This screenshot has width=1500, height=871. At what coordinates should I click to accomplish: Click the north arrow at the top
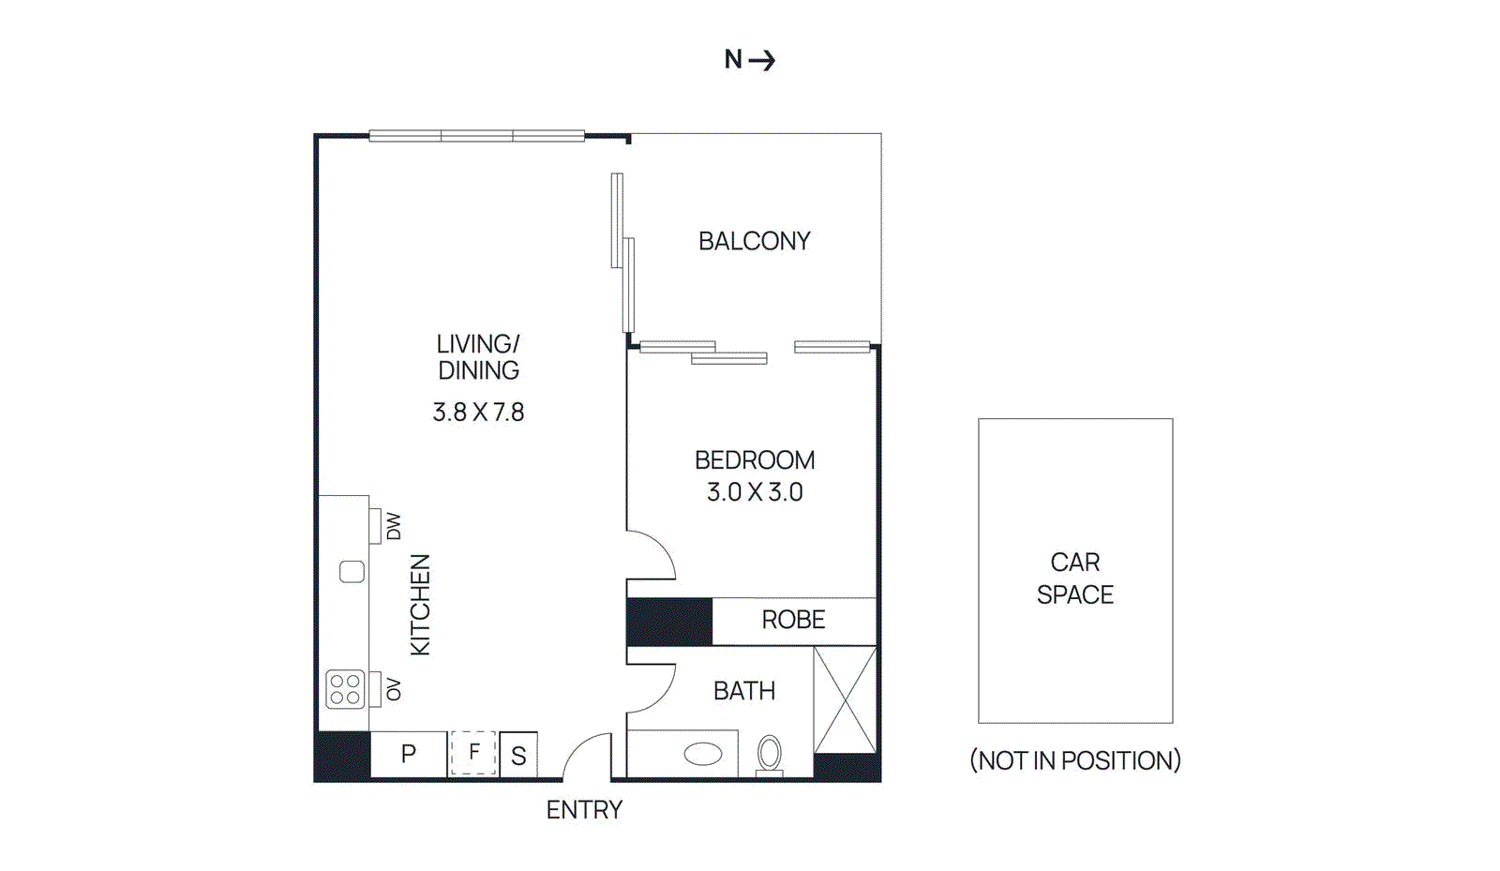(761, 61)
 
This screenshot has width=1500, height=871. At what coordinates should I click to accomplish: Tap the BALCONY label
(754, 241)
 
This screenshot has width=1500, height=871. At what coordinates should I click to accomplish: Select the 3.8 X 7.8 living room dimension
(478, 413)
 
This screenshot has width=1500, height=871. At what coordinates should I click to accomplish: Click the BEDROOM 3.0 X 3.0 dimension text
(755, 492)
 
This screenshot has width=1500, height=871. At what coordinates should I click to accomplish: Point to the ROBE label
(793, 620)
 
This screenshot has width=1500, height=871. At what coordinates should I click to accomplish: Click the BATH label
(744, 691)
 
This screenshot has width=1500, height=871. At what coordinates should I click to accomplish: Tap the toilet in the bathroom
(770, 753)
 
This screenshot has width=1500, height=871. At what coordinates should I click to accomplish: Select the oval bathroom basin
(703, 754)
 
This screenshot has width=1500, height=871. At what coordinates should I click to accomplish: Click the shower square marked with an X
(845, 699)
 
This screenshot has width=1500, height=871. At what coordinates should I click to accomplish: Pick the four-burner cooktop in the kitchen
(345, 689)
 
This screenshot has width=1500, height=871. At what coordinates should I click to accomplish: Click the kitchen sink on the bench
(352, 571)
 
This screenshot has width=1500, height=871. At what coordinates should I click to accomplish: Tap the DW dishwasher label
(394, 526)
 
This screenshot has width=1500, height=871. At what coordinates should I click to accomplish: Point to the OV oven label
(394, 690)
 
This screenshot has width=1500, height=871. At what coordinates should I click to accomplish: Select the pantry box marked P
(409, 754)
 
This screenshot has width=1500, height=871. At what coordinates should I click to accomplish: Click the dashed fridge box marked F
(473, 752)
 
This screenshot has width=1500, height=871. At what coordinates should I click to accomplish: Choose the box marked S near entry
(518, 755)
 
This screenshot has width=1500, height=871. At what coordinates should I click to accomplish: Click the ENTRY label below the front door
(584, 810)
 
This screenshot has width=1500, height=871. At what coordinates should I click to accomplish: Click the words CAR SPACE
(1075, 578)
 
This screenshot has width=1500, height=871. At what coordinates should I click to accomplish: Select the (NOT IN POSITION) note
(1075, 760)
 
